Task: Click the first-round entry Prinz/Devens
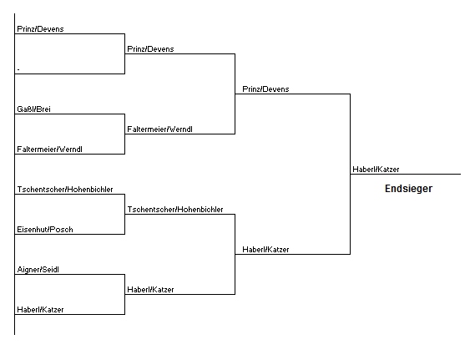40,29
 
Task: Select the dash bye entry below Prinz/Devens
18,69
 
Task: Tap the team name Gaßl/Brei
33,109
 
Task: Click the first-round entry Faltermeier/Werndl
49,150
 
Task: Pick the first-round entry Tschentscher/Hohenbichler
65,190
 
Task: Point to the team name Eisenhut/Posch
45,230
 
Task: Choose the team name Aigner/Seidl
38,270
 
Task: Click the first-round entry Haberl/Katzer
40,310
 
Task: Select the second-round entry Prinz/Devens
150,49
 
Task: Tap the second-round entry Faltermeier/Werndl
159,129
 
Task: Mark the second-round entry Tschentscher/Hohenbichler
175,210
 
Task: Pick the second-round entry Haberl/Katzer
150,290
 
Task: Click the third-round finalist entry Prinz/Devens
265,89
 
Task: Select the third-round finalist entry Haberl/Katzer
265,250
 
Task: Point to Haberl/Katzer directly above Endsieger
376,170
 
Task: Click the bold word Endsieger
408,189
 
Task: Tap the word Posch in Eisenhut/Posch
62,230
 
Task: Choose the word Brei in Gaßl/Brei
43,109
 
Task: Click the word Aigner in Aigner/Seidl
28,270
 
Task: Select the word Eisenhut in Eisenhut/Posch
33,230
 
